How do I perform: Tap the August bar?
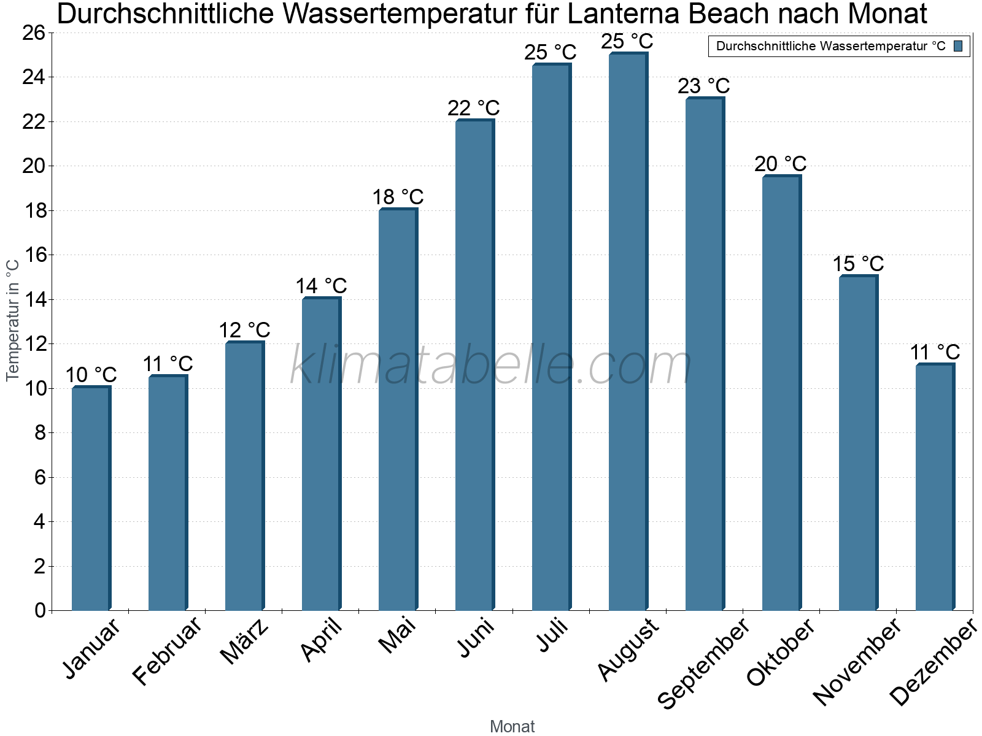click(628, 332)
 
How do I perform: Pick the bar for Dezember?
click(935, 488)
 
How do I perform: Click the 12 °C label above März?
click(244, 331)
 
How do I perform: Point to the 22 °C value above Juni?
click(474, 109)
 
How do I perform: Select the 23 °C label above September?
click(704, 86)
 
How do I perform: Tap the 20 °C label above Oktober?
click(781, 164)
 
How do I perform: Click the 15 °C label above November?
click(858, 264)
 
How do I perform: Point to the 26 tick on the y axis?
click(34, 33)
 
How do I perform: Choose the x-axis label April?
click(322, 640)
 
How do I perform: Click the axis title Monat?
click(512, 727)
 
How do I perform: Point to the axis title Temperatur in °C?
click(13, 320)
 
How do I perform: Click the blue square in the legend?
click(959, 46)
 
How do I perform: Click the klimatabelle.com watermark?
click(491, 366)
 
